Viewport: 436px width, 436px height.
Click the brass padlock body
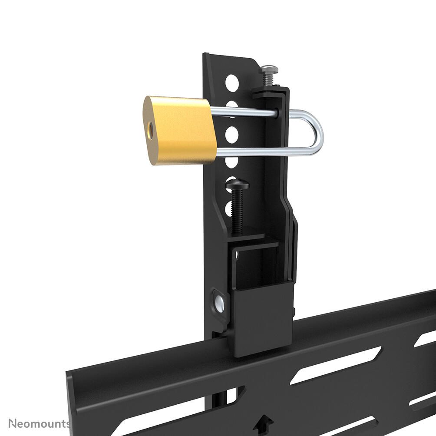[182, 130]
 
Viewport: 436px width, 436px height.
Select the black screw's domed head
[237, 185]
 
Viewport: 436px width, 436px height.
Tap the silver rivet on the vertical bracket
[219, 301]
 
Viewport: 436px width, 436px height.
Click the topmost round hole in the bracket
[232, 81]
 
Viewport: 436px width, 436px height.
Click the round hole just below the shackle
[232, 161]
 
